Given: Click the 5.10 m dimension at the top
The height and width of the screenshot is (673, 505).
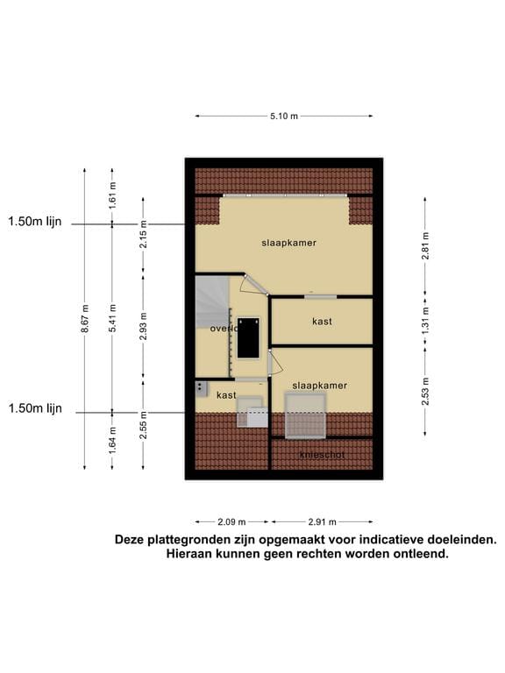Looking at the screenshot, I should [283, 116].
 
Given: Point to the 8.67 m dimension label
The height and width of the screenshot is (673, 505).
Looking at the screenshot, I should [85, 317].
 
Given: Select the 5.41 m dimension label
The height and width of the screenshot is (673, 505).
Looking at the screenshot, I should [112, 317].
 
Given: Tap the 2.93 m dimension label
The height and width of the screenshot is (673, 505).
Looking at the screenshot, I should [143, 325].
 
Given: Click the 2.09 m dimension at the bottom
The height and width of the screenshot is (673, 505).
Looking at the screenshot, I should [232, 521].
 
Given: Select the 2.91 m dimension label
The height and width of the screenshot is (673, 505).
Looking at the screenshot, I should [321, 521].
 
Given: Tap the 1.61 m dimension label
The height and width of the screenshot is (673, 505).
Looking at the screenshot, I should [112, 195].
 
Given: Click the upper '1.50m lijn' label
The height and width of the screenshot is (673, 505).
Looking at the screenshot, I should [35, 223].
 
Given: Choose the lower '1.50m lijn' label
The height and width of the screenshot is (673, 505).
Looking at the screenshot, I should [35, 409].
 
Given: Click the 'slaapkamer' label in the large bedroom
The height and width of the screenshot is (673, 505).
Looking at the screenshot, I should [288, 242].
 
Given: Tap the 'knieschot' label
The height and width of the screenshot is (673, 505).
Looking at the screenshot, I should [322, 455].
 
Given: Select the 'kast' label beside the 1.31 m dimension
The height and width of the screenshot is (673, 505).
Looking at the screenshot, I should [322, 322].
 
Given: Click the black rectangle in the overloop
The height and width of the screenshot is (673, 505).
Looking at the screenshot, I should [249, 337].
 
